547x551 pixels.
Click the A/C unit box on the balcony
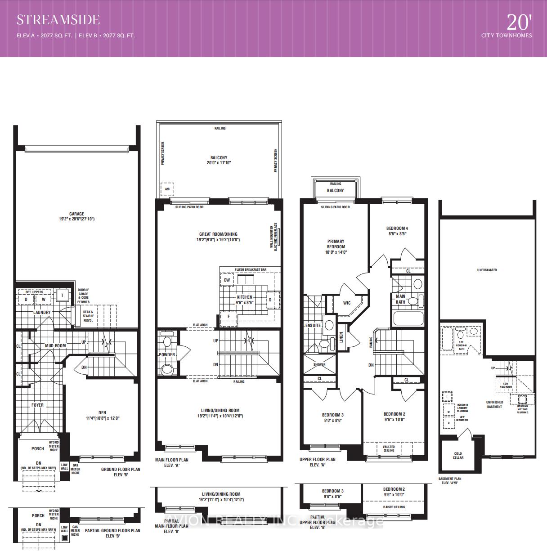click(167, 189)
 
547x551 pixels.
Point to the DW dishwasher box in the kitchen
click(227, 280)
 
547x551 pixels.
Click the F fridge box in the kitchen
click(229, 317)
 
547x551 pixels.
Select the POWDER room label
click(167, 354)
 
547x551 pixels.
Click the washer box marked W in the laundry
click(44, 299)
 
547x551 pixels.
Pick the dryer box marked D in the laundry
click(26, 299)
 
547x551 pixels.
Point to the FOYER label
click(37, 405)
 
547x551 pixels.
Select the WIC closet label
click(347, 303)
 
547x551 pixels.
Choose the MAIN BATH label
click(400, 299)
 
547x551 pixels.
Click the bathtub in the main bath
click(408, 318)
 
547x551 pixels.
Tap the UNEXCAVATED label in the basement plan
click(487, 270)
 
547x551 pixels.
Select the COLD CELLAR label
click(458, 455)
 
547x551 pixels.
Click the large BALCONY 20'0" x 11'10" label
click(219, 160)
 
